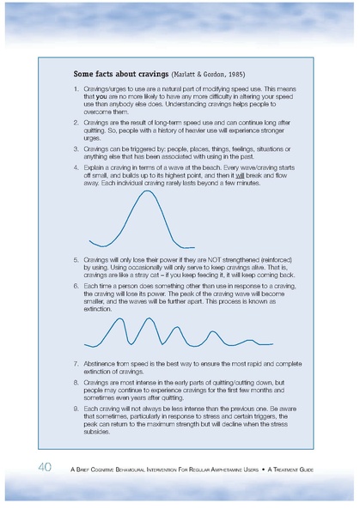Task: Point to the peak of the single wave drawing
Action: coord(149,191)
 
